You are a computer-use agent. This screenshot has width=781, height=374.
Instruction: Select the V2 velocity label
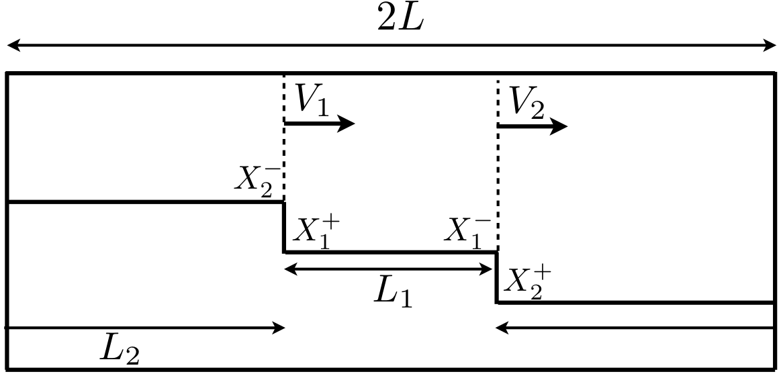[x=526, y=102]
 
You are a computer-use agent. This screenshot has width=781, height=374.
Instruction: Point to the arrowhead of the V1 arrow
[x=347, y=123]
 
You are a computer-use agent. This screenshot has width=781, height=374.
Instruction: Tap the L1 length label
[x=393, y=293]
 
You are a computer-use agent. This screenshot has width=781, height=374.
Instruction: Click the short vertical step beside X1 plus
[x=284, y=227]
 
